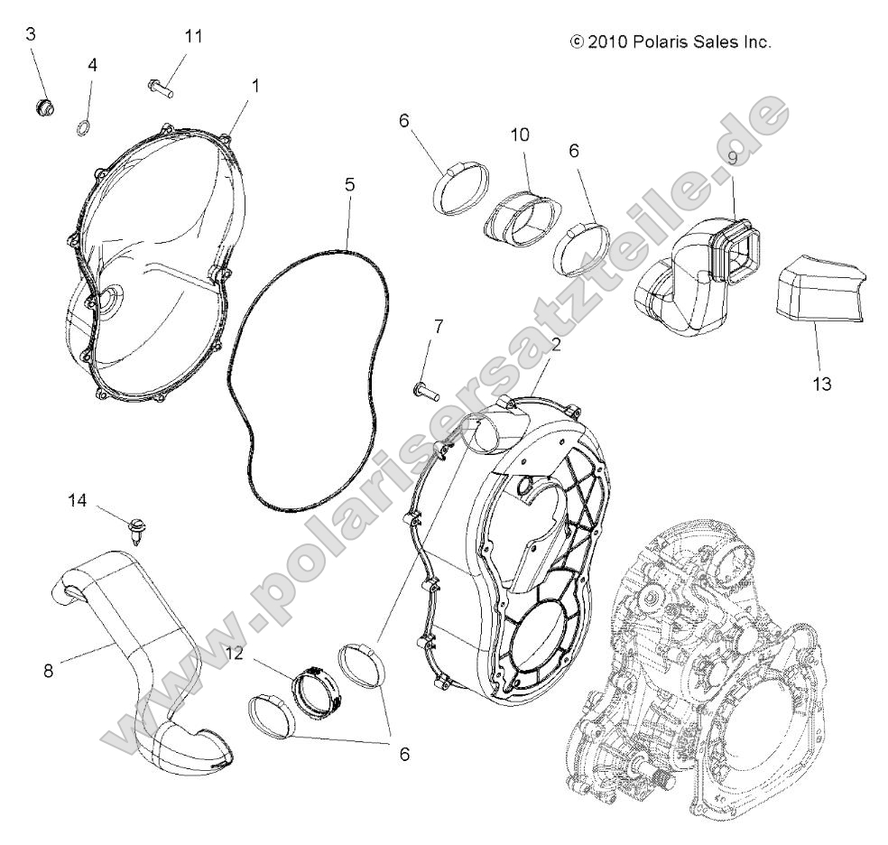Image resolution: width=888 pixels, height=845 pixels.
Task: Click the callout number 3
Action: coord(30,35)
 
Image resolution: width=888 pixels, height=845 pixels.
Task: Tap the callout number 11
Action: coord(193,36)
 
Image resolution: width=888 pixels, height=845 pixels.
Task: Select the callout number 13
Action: coord(820,384)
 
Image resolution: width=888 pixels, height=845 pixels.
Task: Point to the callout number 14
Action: coord(78,499)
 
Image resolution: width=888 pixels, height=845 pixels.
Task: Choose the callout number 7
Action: coord(439,326)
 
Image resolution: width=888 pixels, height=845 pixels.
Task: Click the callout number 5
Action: coord(349,184)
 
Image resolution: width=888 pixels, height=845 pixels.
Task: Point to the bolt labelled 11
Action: coord(160,87)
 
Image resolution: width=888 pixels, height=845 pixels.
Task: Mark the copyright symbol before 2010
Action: coord(577,42)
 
